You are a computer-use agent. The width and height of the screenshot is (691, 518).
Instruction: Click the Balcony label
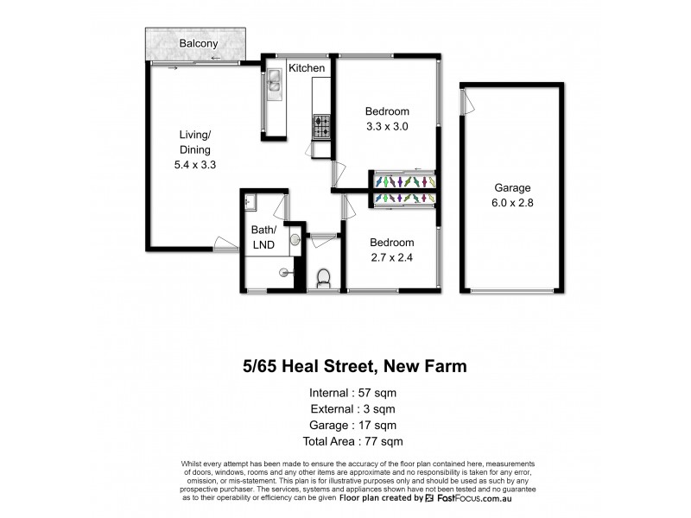coord(198,43)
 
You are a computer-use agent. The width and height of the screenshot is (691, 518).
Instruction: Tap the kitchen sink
coord(275,81)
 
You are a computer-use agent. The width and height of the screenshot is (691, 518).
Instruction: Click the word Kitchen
coord(307,68)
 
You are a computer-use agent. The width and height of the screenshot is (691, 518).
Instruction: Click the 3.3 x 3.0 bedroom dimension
coord(386,126)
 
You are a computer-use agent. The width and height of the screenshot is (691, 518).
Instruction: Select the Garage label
coord(511,187)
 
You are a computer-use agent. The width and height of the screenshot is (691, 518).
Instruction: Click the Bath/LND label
coord(263,237)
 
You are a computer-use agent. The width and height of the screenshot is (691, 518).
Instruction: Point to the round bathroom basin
coord(295,239)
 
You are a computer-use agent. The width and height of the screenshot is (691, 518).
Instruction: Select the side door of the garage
coord(467,104)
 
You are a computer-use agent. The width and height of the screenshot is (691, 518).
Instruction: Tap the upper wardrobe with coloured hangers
coord(404,181)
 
